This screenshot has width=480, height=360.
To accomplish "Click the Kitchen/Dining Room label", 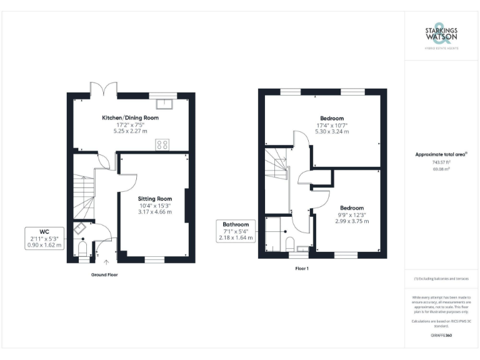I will coord(130,117).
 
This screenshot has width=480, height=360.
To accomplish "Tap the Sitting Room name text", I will coord(155,199).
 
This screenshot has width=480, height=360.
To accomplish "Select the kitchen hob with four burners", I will coord(162,144).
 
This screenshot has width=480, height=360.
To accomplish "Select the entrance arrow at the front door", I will coord(106,263).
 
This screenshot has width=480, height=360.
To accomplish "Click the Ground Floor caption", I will coord(104,275).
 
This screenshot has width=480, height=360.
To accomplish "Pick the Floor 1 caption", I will coord(301,268).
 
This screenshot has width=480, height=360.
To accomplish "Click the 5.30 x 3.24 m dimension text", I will coord(332,132).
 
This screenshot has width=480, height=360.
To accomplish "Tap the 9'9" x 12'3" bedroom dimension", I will coord(351,214).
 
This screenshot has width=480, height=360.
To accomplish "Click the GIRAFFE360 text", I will coord(441,336).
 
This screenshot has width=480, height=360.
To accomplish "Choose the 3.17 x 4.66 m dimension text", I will coord(155,212).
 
